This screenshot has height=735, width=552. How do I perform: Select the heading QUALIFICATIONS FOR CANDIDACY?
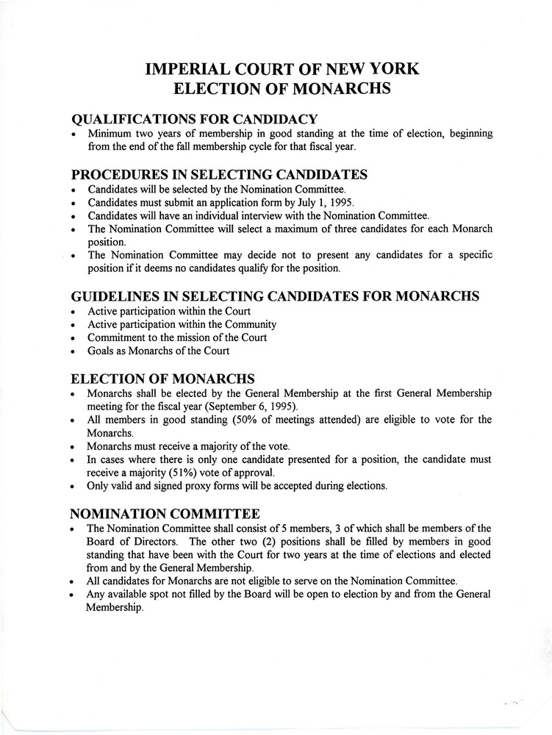coord(193,119)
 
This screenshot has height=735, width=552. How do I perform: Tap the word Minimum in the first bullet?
coord(110,135)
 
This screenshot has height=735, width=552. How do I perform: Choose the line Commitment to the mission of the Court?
coord(177,337)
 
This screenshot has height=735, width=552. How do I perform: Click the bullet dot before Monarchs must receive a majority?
coord(74,448)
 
